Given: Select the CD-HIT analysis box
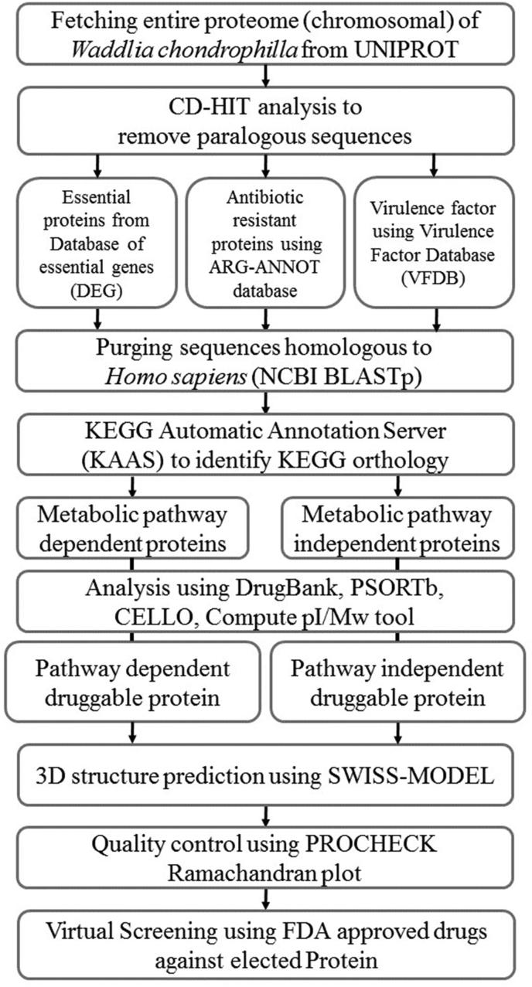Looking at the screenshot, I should (265, 119).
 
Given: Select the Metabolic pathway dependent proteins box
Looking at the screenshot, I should (132, 528).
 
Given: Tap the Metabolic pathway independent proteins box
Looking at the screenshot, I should (398, 528).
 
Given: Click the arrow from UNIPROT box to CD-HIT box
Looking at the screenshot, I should (265, 76).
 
